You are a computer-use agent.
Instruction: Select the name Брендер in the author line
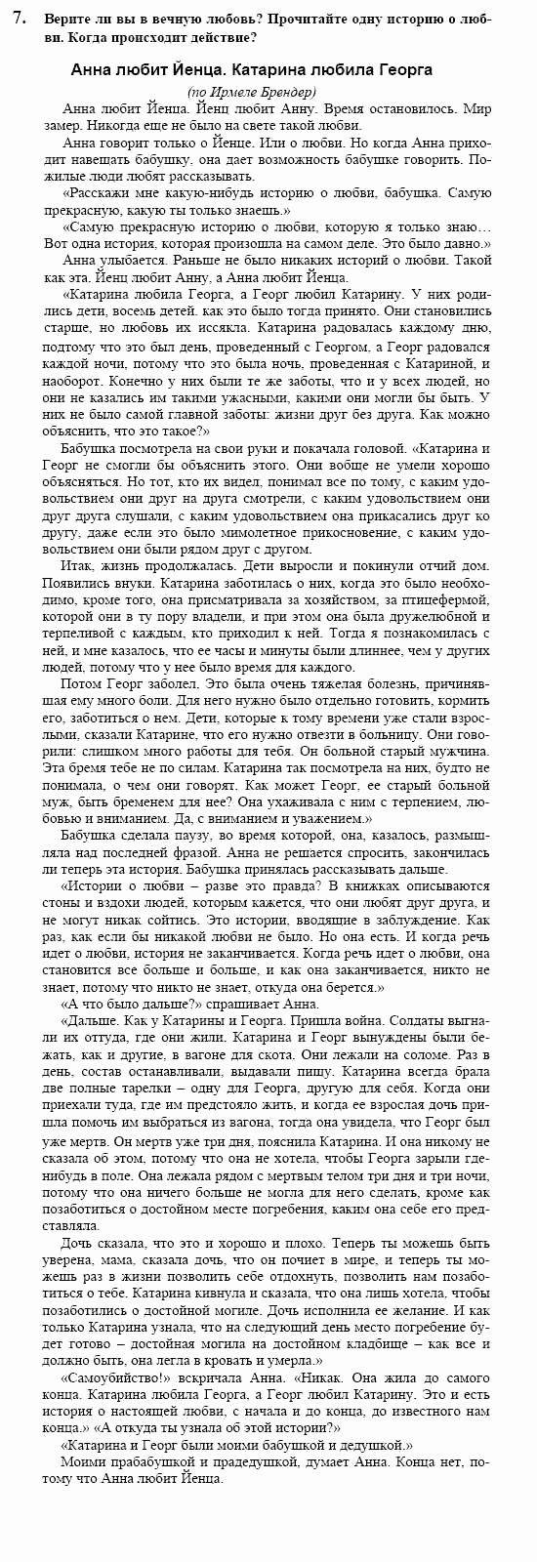point(291,91)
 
